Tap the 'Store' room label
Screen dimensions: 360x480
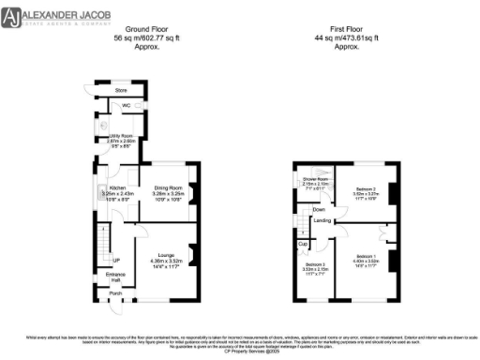(x=120, y=91)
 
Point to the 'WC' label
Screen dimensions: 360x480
(x=125, y=106)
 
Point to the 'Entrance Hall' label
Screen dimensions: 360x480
(x=116, y=277)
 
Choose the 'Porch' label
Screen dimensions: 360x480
(x=115, y=293)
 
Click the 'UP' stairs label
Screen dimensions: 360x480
(x=116, y=260)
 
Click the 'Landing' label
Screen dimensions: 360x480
(x=322, y=221)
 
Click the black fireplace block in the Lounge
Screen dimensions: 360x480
(x=193, y=253)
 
